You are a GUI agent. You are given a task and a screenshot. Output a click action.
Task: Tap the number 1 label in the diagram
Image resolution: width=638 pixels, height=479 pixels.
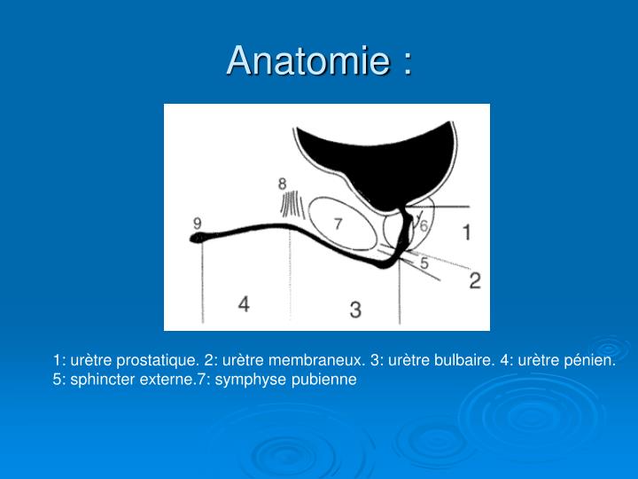point(467,233)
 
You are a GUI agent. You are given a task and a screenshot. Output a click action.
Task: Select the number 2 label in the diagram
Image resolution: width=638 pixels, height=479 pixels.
point(475,280)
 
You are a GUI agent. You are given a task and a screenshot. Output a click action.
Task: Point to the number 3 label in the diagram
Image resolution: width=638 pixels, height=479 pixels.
point(355,310)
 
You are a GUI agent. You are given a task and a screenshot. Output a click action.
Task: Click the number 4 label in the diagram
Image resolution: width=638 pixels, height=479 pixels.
point(244,304)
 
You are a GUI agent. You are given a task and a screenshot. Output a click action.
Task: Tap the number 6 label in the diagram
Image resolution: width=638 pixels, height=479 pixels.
point(424,226)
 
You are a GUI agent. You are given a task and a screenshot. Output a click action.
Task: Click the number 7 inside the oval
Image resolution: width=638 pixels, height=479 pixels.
point(338,224)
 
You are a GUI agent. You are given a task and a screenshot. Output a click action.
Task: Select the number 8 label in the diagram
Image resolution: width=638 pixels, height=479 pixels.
point(282,185)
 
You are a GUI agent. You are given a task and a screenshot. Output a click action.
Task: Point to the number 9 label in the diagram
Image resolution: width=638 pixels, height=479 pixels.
point(197,223)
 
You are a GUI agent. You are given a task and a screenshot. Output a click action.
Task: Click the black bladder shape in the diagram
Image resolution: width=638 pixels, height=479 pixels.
point(372,160)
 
